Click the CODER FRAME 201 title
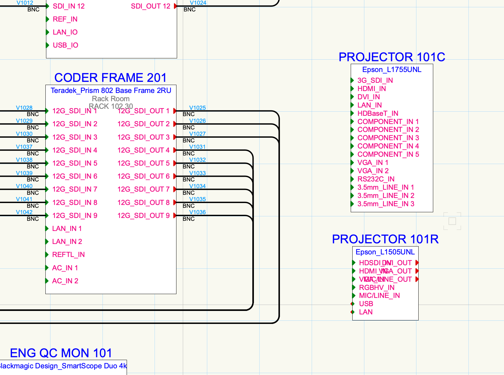110,78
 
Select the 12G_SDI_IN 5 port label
75,163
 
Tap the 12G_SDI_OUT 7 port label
143,189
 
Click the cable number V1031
197,147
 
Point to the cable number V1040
24,186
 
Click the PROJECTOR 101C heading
392,57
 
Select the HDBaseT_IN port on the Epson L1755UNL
378,114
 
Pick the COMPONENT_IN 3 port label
388,138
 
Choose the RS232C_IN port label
376,179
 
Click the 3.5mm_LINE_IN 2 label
386,196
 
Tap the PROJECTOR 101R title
385,239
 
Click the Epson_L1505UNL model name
385,252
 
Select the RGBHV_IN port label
376,288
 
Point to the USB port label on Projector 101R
366,304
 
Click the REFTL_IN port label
68,255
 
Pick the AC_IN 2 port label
65,281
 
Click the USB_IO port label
65,45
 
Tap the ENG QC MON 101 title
61,353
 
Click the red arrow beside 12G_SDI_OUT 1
175,111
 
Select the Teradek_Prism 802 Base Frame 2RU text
111,91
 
